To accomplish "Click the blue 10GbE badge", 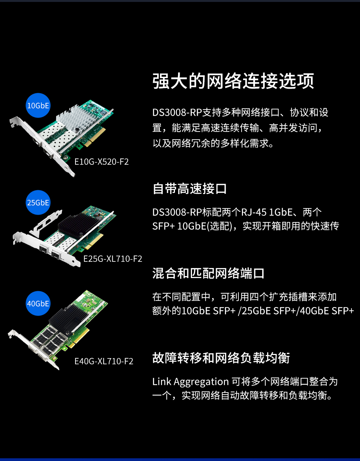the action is [38, 105].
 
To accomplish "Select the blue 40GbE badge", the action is [38, 303].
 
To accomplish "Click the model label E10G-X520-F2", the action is [101, 162].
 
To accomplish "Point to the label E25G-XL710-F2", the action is [113, 259].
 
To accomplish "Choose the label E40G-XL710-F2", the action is [104, 361].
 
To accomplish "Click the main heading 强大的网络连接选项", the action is [233, 81].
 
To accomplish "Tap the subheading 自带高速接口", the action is [190, 188].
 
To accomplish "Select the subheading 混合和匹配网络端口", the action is [208, 273].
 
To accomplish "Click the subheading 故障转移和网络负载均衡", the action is [221, 358].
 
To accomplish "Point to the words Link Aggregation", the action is [190, 382].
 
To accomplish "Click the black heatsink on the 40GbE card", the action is [67, 318].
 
